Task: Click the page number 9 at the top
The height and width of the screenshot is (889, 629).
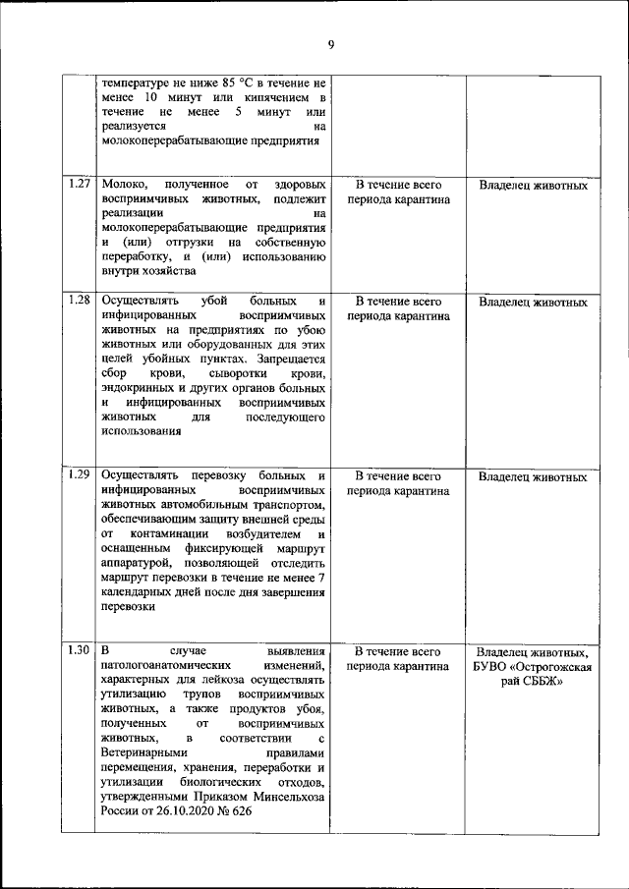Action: coord(331,44)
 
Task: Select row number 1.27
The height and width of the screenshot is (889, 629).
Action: coord(80,184)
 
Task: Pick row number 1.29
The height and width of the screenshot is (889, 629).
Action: coord(80,475)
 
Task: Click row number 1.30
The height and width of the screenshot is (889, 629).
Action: coord(80,650)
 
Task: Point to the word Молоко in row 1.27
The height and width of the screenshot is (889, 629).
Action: coord(124,185)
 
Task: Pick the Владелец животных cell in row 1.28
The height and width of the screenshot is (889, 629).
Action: coord(533,302)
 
